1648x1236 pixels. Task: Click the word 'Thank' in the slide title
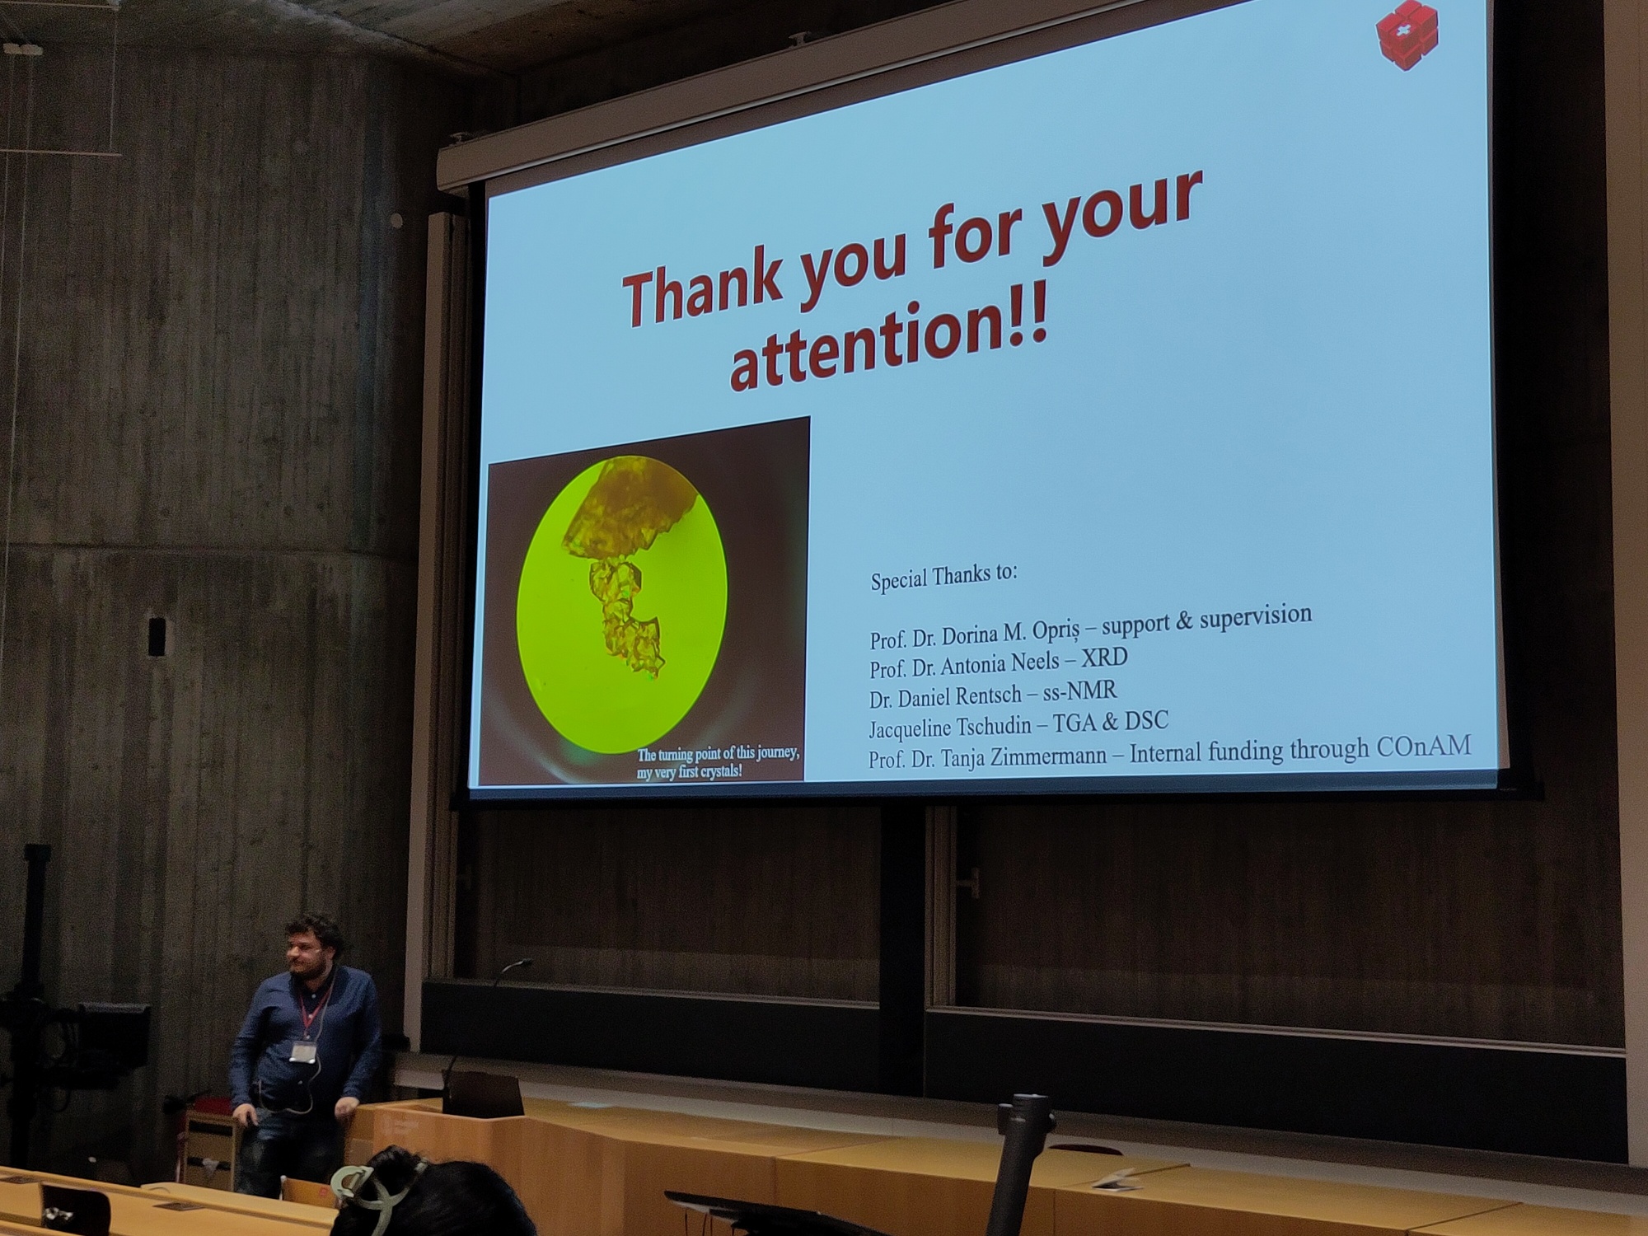(x=701, y=285)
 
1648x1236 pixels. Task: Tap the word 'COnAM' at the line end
(x=1423, y=747)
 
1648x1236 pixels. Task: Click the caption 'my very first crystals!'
(x=690, y=773)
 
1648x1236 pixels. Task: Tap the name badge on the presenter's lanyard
(x=302, y=1053)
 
